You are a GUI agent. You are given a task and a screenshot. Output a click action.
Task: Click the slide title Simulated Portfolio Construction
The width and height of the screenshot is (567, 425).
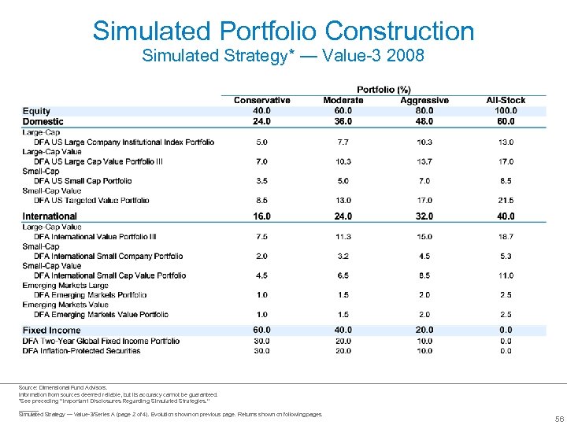[283, 31]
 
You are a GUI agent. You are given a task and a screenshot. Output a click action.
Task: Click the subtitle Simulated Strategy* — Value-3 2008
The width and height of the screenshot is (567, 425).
[283, 56]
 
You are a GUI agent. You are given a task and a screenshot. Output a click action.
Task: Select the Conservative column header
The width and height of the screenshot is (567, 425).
[261, 100]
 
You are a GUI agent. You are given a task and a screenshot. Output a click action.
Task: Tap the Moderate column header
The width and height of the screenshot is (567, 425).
[343, 100]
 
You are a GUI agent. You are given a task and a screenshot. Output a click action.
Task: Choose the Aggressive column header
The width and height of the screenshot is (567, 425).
[424, 100]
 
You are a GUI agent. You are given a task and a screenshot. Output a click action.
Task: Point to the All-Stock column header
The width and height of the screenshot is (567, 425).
[506, 100]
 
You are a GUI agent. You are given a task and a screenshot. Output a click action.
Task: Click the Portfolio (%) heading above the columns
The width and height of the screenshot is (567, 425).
[384, 90]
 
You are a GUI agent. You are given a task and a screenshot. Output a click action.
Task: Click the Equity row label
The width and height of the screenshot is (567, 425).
[36, 111]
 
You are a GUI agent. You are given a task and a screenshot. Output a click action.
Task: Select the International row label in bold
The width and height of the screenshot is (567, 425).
[50, 216]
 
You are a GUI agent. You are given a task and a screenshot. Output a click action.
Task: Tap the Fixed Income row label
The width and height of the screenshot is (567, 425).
[51, 330]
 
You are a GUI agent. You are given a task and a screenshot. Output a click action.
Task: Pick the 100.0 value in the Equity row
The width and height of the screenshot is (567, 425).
[506, 111]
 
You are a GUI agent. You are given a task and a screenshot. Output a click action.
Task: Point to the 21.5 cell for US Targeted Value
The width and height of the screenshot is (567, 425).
[506, 200]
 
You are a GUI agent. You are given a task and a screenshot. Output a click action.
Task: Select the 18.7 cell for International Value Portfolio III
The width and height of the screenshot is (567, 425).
[506, 236]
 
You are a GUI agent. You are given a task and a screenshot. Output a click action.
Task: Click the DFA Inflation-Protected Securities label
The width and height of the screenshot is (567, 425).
[81, 350]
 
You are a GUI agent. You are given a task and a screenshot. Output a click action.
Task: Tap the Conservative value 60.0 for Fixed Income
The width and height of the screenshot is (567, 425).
[261, 330]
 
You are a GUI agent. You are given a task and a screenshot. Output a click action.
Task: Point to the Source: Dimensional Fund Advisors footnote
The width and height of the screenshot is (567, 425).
[62, 388]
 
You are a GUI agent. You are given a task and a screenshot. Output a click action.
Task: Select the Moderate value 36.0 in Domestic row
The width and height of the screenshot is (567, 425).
[343, 121]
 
